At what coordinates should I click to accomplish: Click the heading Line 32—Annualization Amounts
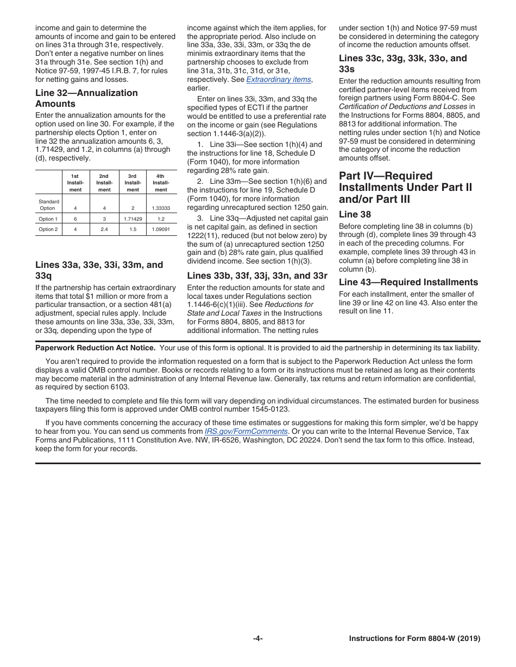[86, 98]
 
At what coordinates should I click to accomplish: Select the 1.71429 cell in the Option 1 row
[133, 219]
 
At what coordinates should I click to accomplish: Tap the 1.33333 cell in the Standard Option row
[161, 208]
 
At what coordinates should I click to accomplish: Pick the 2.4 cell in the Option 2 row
[104, 229]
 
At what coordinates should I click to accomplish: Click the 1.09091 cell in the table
[161, 229]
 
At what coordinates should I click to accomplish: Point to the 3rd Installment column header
[133, 183]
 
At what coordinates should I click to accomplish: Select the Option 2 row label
[48, 229]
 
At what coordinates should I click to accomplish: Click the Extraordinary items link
[279, 79]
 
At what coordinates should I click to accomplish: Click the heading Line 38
[355, 214]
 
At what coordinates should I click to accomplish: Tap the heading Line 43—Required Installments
[408, 282]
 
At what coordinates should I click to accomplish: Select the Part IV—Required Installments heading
[405, 187]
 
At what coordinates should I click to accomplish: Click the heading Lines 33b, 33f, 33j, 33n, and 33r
[257, 275]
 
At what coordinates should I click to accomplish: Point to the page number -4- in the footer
[258, 639]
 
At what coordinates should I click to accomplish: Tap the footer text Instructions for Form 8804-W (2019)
[414, 639]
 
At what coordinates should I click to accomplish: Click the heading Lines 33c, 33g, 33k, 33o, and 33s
[402, 63]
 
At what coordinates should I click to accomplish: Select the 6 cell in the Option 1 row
[75, 219]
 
